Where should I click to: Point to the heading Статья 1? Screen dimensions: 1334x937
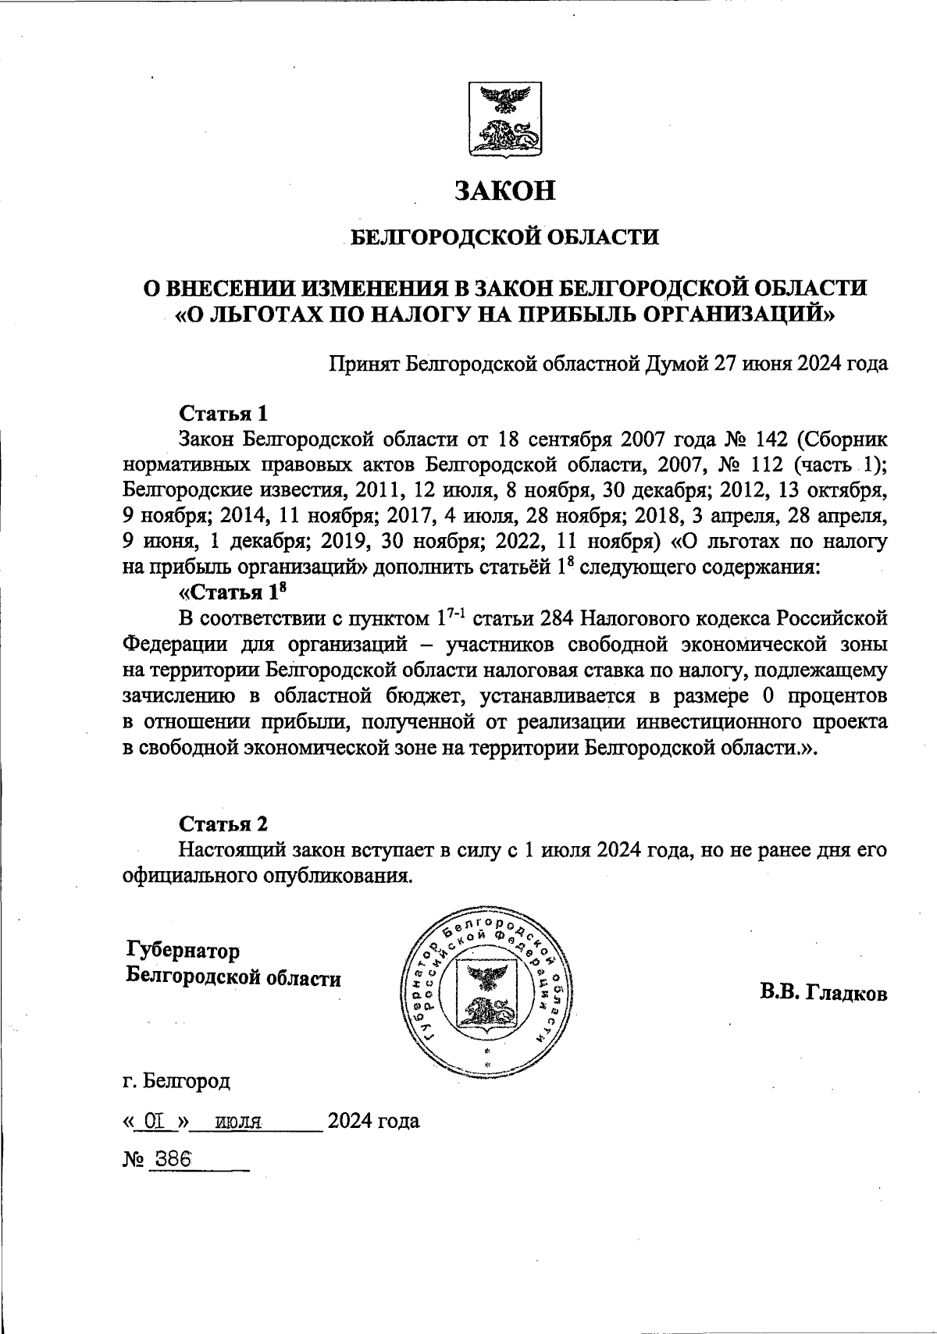[223, 412]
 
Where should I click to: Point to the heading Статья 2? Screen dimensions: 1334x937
[223, 824]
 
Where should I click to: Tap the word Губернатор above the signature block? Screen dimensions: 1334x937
[183, 952]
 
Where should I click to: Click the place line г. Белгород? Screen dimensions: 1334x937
[176, 1082]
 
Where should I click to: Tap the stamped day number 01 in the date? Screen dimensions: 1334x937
[153, 1122]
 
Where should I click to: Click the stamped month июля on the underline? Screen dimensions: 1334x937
[237, 1123]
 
